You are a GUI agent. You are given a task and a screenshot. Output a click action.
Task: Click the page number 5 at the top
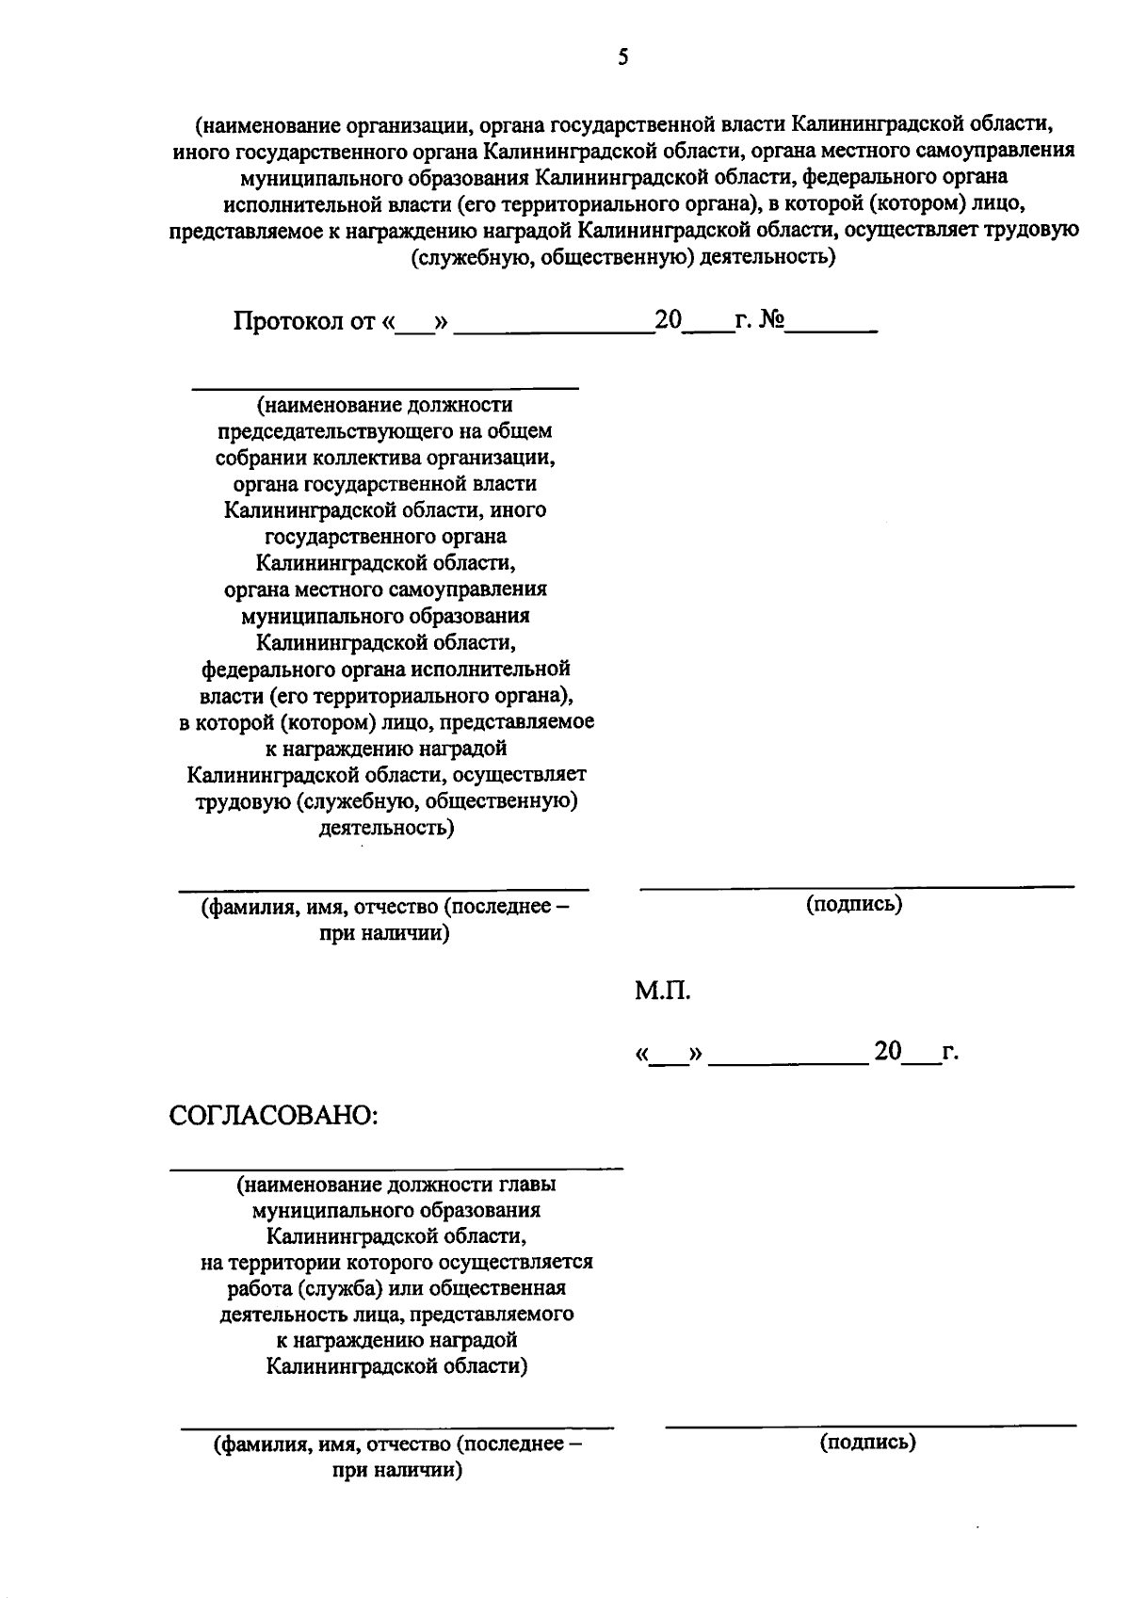(622, 58)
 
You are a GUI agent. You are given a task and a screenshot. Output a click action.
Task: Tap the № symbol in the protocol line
(771, 320)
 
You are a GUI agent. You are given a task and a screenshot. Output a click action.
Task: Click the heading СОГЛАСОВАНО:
(274, 1115)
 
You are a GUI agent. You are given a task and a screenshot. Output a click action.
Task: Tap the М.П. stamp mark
(662, 991)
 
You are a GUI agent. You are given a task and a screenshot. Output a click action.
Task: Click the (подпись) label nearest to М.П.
(854, 904)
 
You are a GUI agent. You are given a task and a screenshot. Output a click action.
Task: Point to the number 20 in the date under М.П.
(888, 1051)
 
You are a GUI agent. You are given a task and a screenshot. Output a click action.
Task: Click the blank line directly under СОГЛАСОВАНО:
(395, 1169)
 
